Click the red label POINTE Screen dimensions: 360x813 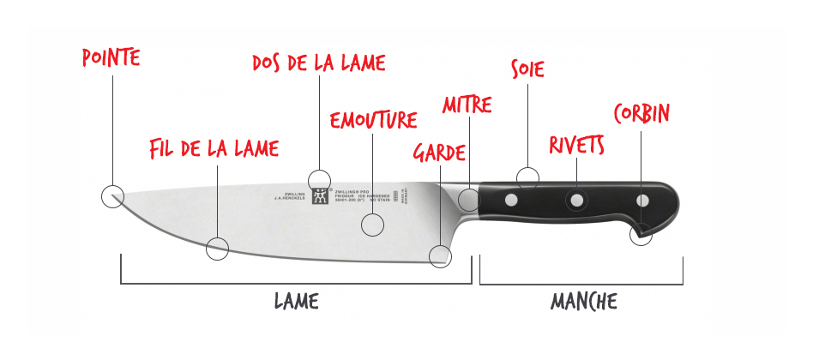[x=111, y=57]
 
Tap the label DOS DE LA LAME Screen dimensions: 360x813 [x=319, y=63]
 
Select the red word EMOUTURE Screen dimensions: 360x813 [x=373, y=120]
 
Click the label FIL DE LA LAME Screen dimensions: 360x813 [x=214, y=148]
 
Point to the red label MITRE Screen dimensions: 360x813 [x=467, y=105]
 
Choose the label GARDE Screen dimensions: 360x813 [x=439, y=153]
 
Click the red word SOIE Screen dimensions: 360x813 [x=527, y=69]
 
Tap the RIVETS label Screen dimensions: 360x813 [x=577, y=145]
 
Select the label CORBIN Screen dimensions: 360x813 [x=641, y=113]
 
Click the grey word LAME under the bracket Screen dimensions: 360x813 [x=297, y=301]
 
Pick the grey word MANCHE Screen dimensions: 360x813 [x=583, y=302]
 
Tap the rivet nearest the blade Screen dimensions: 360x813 [x=511, y=200]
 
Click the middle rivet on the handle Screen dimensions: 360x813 [x=576, y=201]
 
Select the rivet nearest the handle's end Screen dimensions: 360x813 [x=642, y=201]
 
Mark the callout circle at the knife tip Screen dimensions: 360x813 [x=112, y=196]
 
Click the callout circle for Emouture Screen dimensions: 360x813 [x=372, y=225]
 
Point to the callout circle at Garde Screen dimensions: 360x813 [x=441, y=256]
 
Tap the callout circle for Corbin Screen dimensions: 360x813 [x=641, y=234]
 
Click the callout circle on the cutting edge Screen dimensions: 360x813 [x=218, y=249]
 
